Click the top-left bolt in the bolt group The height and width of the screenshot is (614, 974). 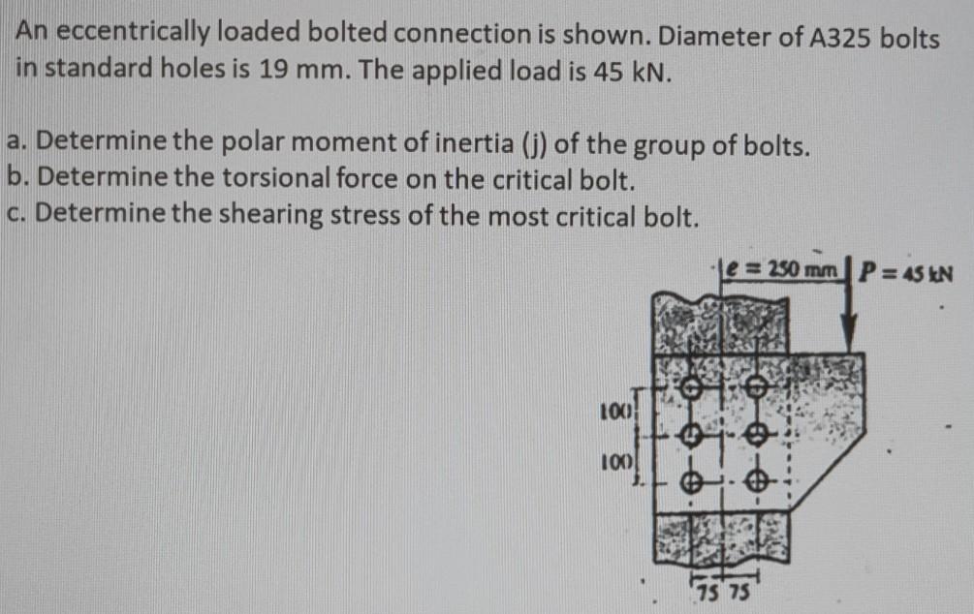pos(690,389)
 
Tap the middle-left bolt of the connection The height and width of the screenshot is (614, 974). pos(690,438)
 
